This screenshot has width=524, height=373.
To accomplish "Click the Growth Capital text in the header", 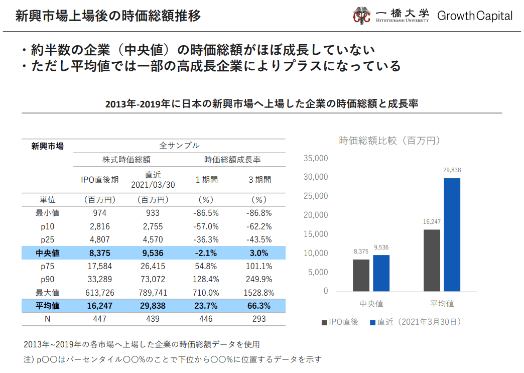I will (475, 16).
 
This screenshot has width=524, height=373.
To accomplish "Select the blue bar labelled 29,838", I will (452, 234).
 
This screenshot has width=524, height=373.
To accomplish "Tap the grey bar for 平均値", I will (432, 260).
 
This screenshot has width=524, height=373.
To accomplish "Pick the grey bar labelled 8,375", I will (361, 275).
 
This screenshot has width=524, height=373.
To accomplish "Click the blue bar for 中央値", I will (381, 273).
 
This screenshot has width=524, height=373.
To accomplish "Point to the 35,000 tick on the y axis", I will (316, 159).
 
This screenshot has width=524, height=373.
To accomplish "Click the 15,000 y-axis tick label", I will (316, 234).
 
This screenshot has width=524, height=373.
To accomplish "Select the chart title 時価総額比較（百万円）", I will (389, 141).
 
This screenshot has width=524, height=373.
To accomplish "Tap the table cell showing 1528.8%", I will (260, 292).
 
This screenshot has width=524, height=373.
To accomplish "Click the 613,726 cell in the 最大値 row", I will (100, 292).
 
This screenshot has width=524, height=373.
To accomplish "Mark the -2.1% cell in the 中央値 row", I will (206, 253).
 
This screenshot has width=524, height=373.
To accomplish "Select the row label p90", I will (48, 279).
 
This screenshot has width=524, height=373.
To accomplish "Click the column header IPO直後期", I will (100, 180).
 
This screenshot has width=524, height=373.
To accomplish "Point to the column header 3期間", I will (259, 180).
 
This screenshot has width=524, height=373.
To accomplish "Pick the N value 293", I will (259, 319).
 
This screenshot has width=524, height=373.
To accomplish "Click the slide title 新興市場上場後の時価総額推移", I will (108, 16).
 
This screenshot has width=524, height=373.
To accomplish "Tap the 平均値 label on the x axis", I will (442, 304).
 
